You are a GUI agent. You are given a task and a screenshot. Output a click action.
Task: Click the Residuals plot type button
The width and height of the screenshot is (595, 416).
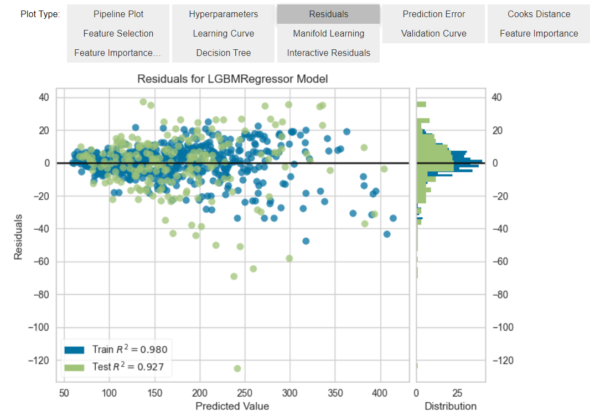pos(328,14)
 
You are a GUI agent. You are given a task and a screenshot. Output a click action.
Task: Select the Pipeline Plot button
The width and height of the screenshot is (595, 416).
pos(118,14)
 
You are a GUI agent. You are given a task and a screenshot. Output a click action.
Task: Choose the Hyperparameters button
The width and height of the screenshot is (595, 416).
pos(223,14)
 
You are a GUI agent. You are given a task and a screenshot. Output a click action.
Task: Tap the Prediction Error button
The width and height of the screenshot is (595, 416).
pos(433,14)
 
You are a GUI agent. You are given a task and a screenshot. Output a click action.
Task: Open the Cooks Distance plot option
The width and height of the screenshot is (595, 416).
pos(539,14)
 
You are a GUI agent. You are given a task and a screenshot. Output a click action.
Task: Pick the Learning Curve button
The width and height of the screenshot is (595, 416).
pos(223,34)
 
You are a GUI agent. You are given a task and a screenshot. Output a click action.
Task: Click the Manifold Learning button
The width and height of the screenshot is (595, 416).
pos(328,34)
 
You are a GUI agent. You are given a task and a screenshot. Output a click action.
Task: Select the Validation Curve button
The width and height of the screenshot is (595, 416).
pos(433,34)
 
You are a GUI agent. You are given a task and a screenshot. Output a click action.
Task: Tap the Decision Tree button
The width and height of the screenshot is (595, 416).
pos(223,53)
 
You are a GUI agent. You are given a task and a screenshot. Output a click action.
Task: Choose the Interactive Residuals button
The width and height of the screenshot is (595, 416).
pos(328,53)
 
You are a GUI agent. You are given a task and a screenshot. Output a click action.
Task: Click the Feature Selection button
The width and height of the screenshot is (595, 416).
pos(118,34)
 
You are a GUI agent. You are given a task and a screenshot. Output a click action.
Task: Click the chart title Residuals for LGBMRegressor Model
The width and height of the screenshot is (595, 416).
pos(232,79)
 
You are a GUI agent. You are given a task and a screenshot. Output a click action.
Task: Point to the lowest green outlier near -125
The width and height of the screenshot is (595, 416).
pos(237,368)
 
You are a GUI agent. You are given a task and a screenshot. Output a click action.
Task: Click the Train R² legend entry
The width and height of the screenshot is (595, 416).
pos(116,349)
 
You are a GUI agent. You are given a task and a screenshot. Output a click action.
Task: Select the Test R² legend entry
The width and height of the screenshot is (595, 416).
pos(116,366)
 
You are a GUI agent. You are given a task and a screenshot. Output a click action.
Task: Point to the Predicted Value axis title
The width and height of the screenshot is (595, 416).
pos(232,406)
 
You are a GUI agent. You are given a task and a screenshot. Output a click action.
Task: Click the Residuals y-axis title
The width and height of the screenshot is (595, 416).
pos(18,237)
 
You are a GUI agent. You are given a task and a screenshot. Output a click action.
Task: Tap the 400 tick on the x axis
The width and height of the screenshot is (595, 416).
pos(380,392)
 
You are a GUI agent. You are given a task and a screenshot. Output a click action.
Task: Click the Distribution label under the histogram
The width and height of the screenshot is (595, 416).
pos(450,406)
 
